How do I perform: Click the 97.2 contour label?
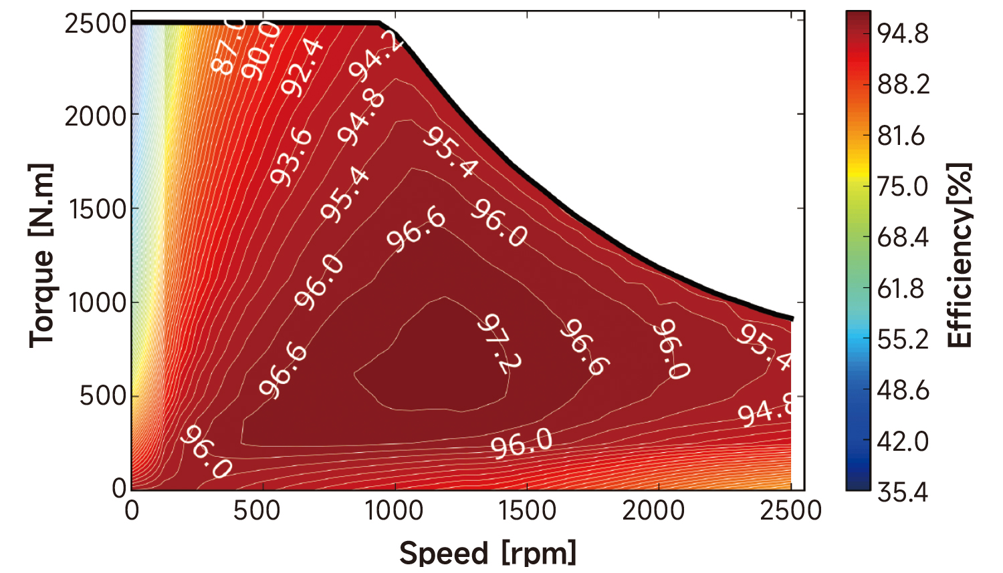tap(499, 343)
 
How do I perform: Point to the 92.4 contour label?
tap(302, 67)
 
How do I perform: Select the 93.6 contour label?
tap(292, 156)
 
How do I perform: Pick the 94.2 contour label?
tap(376, 56)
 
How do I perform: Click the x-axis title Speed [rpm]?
tap(487, 553)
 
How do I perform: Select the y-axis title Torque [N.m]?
tap(41, 256)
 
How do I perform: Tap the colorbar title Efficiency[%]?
tap(960, 255)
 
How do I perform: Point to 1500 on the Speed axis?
tap(528, 511)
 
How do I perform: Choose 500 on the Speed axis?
tap(257, 511)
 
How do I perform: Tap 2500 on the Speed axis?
tap(790, 511)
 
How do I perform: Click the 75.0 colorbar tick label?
tap(902, 186)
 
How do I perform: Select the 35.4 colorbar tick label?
tap(903, 492)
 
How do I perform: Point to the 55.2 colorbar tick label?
tap(903, 339)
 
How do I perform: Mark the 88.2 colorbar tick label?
tap(903, 84)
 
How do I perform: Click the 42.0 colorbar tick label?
tap(903, 441)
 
